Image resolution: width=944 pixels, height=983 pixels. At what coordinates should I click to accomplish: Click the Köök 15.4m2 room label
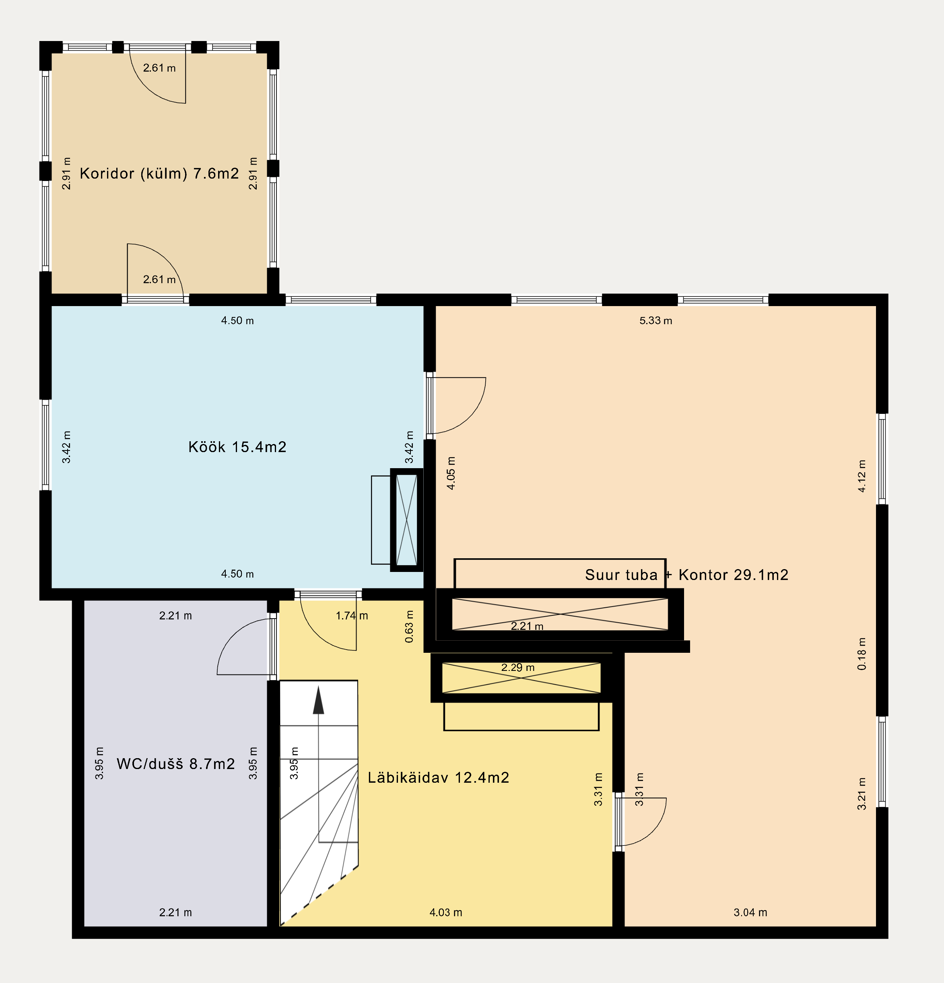tap(237, 447)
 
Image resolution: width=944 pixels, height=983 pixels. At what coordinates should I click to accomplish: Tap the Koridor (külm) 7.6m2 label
tap(159, 173)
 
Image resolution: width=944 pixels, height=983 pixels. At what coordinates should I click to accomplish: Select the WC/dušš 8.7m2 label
tap(176, 764)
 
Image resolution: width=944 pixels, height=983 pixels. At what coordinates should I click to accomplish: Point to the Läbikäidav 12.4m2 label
tap(439, 777)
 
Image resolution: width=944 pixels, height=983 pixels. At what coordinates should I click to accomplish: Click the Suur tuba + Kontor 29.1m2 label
tap(686, 575)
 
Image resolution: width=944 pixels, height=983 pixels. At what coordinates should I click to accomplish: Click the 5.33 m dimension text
tap(655, 321)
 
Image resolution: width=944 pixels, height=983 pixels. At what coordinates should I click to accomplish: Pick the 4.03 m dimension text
tap(446, 912)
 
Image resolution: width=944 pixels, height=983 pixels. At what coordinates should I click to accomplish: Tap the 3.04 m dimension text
tap(750, 912)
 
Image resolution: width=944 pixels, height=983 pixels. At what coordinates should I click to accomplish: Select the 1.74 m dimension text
tap(352, 615)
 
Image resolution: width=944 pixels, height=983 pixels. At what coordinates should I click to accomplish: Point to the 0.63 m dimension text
tap(410, 626)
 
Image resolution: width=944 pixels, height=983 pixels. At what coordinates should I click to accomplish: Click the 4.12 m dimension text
tap(862, 475)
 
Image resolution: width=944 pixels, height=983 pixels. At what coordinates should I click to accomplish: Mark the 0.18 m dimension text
tap(862, 654)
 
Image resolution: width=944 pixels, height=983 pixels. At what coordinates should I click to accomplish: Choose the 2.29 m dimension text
tap(518, 668)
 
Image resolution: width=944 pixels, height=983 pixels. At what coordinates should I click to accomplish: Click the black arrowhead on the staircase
tap(318, 700)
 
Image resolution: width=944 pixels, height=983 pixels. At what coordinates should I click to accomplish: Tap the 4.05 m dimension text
tap(451, 473)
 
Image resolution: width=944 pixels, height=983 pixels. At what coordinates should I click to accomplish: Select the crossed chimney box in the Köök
tap(406, 520)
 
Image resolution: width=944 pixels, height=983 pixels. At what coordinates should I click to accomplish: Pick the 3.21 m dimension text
tap(862, 794)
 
